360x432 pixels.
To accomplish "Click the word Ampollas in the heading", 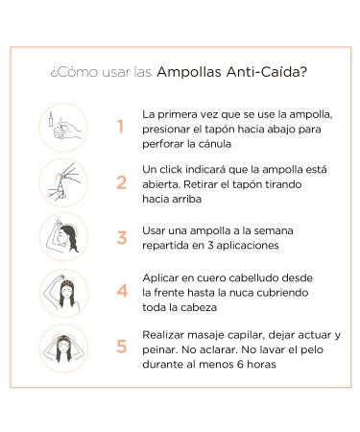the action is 189,72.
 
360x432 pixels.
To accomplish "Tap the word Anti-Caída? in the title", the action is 267,72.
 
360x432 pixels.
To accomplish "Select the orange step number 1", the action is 120,127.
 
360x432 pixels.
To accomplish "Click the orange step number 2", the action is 121,182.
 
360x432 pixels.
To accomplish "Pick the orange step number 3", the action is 122,238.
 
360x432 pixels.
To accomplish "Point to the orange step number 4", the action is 122,291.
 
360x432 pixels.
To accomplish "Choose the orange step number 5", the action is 122,347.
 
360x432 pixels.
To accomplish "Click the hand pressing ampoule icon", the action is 63,127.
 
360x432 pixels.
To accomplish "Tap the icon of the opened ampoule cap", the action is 63,182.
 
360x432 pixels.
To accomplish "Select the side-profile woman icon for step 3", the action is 63,237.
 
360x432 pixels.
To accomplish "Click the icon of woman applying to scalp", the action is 63,293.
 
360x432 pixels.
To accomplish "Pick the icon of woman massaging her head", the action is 63,348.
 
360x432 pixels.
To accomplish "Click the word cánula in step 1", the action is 215,144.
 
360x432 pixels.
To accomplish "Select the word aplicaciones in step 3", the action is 248,246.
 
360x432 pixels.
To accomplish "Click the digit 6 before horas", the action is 240,365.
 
